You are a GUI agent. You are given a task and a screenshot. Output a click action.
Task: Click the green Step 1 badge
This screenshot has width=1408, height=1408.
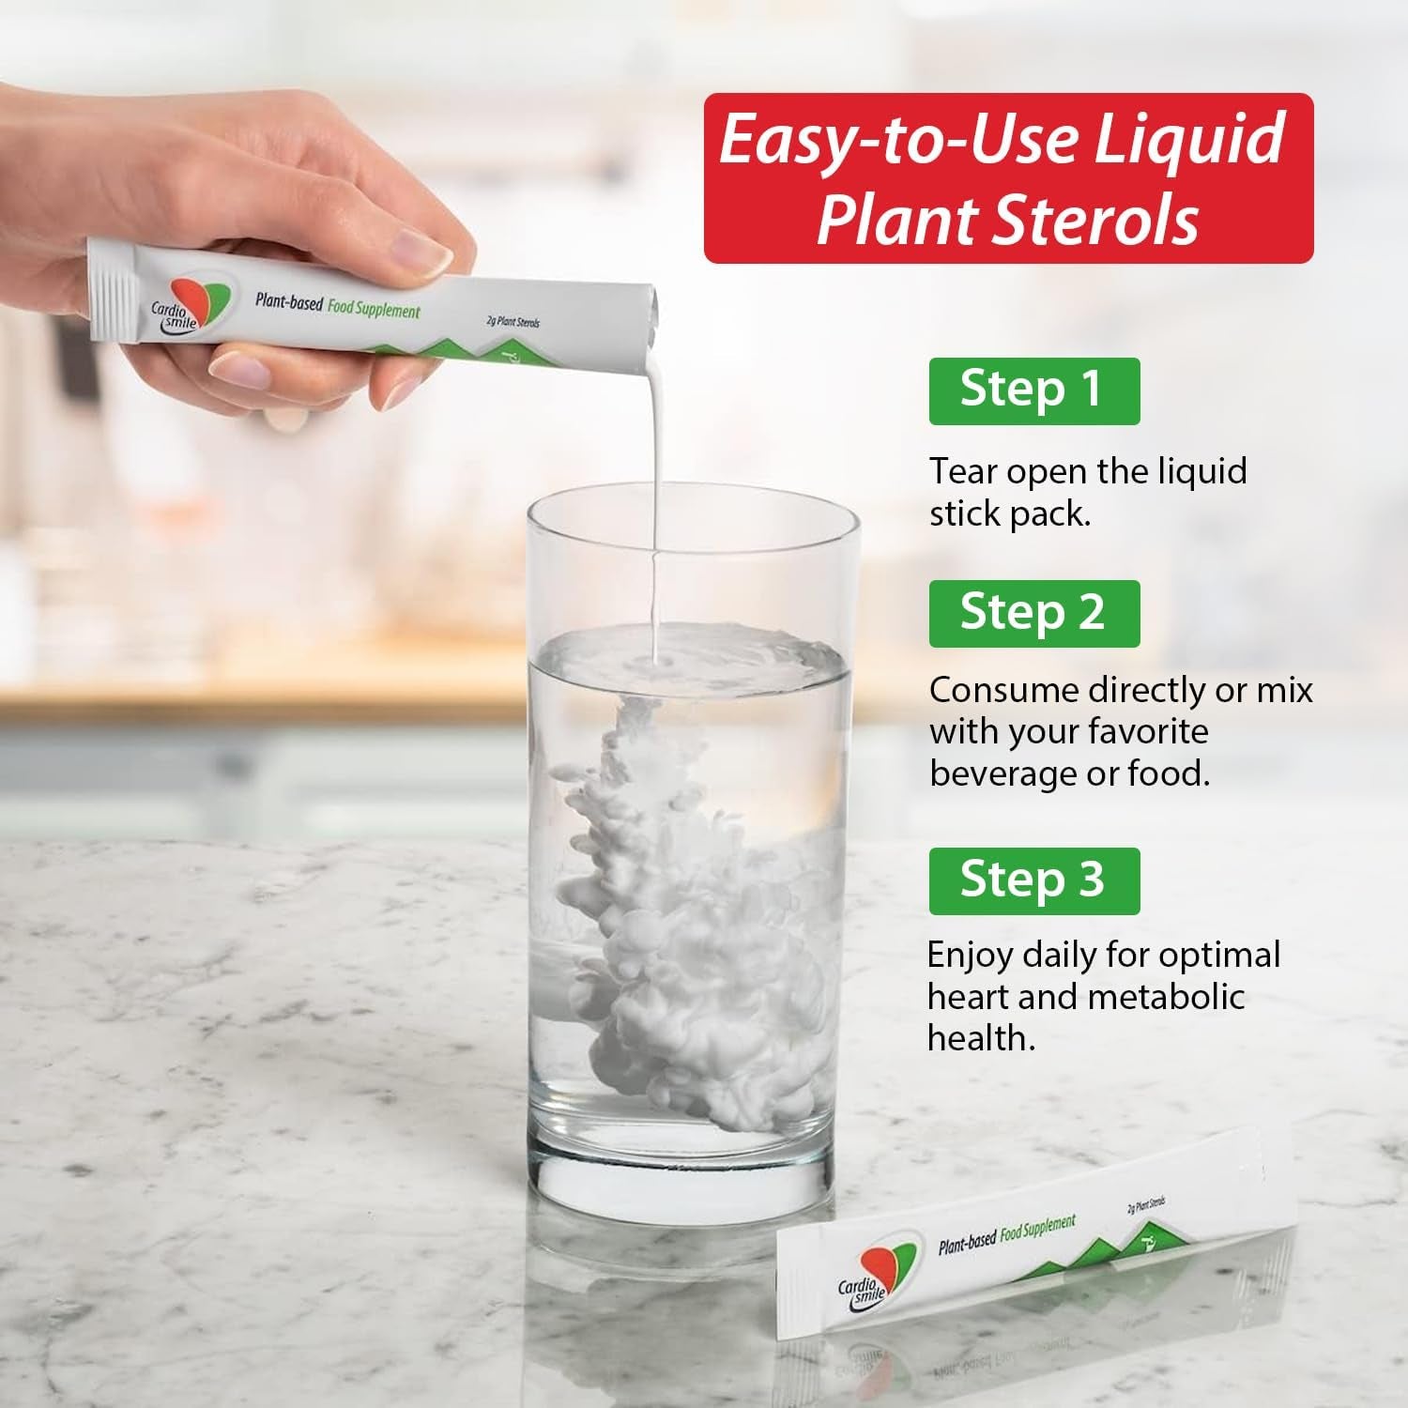(1034, 390)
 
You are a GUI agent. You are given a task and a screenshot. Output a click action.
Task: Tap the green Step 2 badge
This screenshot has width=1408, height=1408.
(1034, 613)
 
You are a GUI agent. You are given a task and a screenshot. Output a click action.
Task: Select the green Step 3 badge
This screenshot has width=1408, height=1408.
(1034, 880)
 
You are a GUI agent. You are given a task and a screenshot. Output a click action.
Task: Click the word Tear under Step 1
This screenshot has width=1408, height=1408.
(964, 471)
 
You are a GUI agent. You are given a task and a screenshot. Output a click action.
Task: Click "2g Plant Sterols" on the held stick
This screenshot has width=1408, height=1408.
(513, 322)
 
